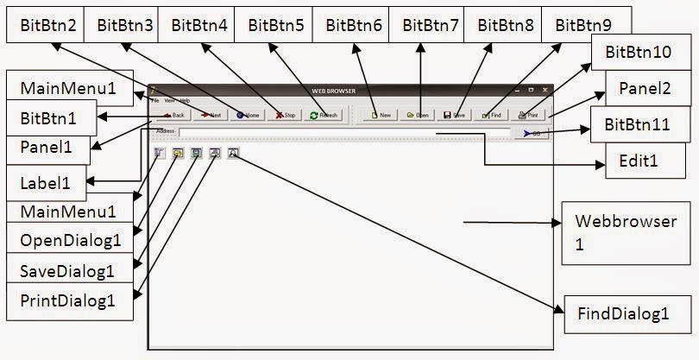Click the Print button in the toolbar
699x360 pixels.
point(528,114)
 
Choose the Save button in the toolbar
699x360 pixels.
point(454,114)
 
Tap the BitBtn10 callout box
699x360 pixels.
point(639,53)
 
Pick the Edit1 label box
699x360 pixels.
point(639,161)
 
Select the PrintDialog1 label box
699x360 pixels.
point(68,301)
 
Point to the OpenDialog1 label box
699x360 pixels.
point(69,239)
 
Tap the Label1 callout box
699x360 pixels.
point(47,182)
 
